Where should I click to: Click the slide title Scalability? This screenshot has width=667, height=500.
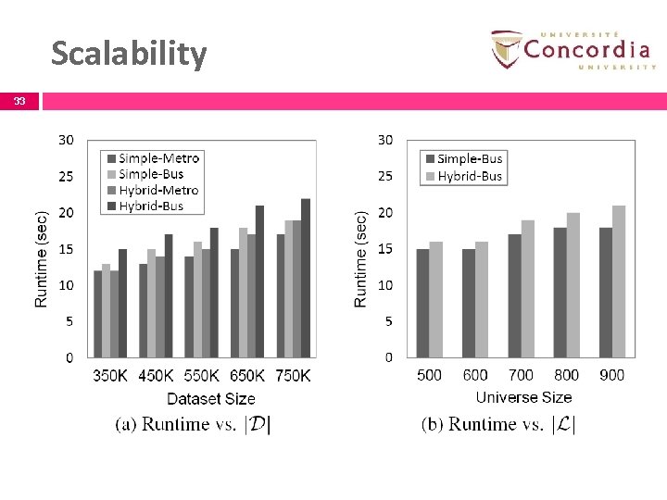(x=129, y=54)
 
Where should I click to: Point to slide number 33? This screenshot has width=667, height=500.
(x=19, y=101)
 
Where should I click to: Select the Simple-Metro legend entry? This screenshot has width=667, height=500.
(x=153, y=158)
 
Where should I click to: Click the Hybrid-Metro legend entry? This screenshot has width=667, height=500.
(x=153, y=191)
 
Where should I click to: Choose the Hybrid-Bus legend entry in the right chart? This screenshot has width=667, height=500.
(x=462, y=176)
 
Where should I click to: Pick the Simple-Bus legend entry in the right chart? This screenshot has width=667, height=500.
(x=462, y=159)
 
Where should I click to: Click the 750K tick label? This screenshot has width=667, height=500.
(x=293, y=375)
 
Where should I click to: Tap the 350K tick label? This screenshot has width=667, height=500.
(x=110, y=375)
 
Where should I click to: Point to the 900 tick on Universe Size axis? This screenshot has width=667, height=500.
(x=611, y=375)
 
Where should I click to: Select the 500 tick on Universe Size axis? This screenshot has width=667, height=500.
(x=429, y=375)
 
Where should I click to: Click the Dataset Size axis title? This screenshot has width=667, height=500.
(x=210, y=399)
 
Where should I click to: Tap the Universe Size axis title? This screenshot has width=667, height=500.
(x=523, y=397)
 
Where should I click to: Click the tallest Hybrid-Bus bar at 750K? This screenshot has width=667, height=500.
(x=306, y=278)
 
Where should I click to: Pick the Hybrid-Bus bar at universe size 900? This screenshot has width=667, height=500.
(x=619, y=281)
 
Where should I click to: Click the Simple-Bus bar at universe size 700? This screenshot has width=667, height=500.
(x=514, y=296)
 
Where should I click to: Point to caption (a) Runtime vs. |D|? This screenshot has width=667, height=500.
(x=193, y=425)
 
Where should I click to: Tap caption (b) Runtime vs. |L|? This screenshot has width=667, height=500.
(x=499, y=425)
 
